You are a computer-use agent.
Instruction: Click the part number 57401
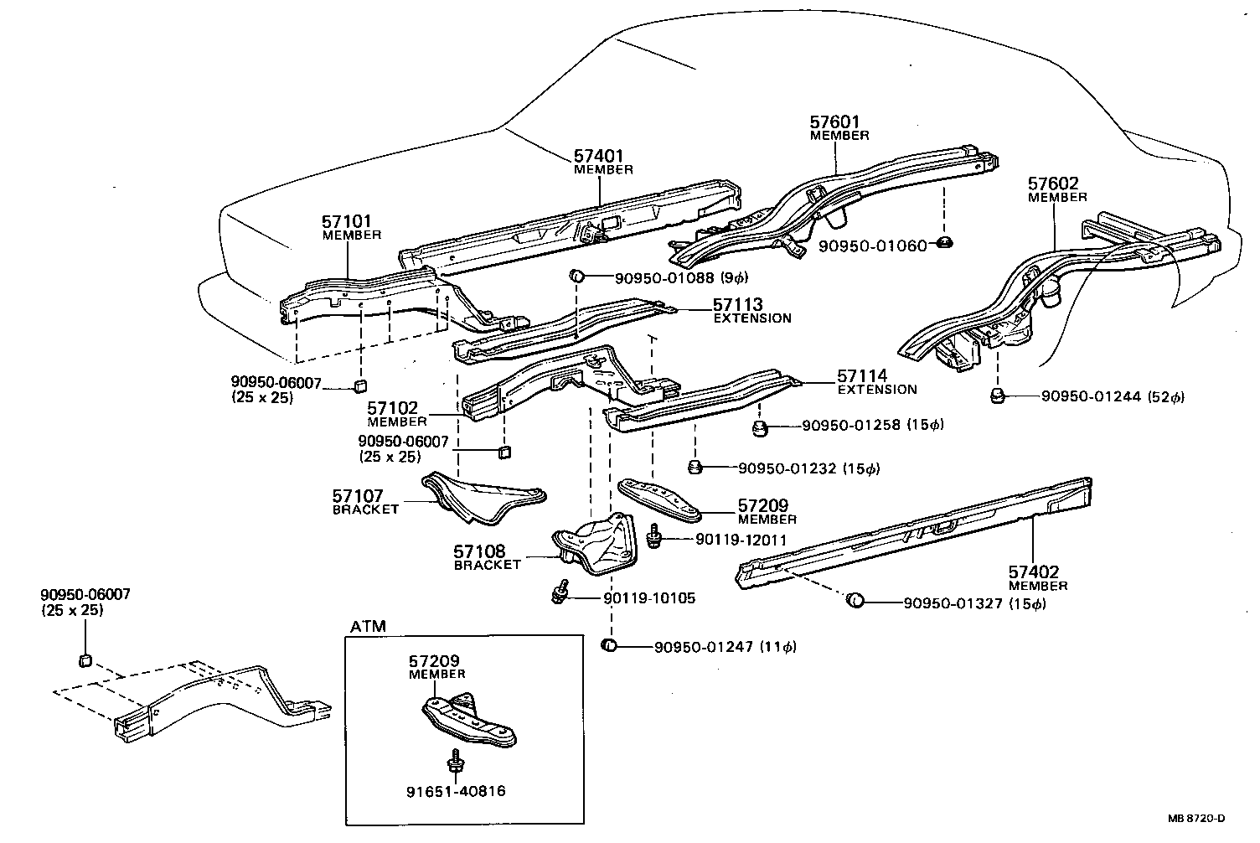coord(598,156)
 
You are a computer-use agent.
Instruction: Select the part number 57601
coord(834,122)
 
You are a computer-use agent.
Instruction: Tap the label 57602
coord(1053,184)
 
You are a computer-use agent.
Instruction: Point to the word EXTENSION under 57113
coord(751,318)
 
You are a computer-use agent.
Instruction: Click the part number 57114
coord(862,376)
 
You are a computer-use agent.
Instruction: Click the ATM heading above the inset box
coord(369,626)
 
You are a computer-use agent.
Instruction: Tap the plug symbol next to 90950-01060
coord(942,244)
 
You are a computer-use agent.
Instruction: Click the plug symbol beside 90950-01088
coord(577,277)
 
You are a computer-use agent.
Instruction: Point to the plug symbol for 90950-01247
coord(610,645)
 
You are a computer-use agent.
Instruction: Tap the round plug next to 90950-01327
coord(855,600)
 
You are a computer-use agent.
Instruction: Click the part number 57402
coord(1033,572)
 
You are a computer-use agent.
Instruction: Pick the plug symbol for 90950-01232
coord(695,467)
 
